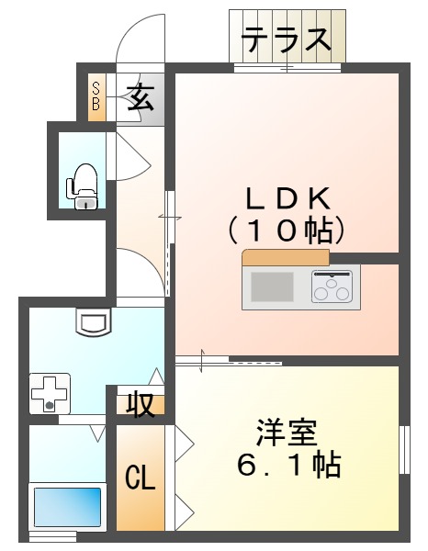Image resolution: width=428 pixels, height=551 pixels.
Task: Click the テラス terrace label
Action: (x=286, y=39)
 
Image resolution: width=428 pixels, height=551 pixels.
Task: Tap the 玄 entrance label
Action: (x=141, y=96)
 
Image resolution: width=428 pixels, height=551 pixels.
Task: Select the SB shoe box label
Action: (x=96, y=96)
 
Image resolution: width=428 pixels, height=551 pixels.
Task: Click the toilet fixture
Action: (x=84, y=185)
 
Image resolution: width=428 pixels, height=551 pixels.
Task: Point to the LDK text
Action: (x=286, y=197)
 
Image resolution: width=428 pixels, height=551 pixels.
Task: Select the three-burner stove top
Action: (x=331, y=287)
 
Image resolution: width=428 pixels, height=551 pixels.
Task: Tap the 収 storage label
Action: (x=140, y=404)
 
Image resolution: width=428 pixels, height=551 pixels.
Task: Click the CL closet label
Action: (x=140, y=478)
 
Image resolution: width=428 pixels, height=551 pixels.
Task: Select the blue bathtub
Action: (x=67, y=506)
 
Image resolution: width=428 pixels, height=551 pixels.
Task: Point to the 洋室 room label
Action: (x=286, y=433)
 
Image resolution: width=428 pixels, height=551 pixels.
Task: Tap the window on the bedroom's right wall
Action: (x=403, y=450)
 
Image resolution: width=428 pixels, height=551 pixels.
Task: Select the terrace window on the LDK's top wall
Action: (x=287, y=66)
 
